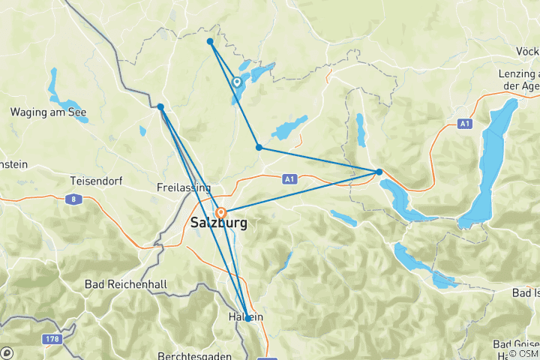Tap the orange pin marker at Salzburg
[x=221, y=213]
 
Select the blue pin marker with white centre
[x=237, y=82]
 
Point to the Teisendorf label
[x=95, y=181]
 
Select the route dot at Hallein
[x=248, y=319]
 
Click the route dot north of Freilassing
[x=161, y=106]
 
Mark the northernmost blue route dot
[x=210, y=41]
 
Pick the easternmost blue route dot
[x=379, y=172]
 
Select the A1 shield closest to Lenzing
[x=465, y=122]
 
